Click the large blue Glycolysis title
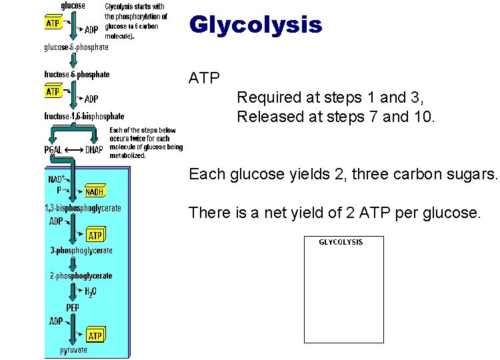[x=255, y=25]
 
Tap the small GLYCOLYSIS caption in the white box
[x=341, y=242]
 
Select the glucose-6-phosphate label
[x=76, y=47]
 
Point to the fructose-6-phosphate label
[x=77, y=75]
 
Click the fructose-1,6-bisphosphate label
[x=84, y=116]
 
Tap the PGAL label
[x=53, y=149]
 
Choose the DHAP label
[x=94, y=149]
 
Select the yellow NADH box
[x=94, y=193]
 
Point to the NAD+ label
[x=55, y=179]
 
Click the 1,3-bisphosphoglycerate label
[x=83, y=208]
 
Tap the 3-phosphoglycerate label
[x=81, y=251]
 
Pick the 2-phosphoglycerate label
[x=81, y=275]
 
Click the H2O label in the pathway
[x=90, y=292]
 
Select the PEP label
[x=73, y=307]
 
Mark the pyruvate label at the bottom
[x=73, y=350]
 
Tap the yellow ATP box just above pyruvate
[x=95, y=335]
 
